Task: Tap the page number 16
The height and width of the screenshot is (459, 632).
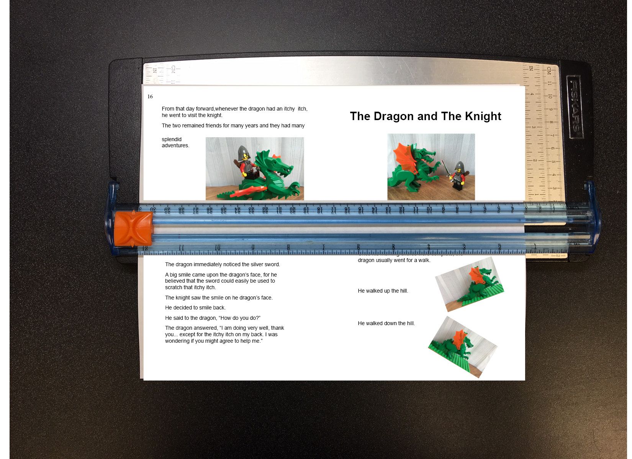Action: [150, 96]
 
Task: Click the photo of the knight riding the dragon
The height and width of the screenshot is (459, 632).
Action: [255, 168]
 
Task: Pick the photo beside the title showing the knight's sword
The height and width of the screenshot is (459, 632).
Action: [431, 167]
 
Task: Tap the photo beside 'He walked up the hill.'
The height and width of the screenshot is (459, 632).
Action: [470, 285]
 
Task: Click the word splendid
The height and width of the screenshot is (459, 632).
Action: [172, 139]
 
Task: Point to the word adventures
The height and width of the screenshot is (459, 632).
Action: [175, 146]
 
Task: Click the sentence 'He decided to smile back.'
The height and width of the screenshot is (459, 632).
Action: [195, 308]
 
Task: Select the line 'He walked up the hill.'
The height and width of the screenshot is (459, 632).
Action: [383, 291]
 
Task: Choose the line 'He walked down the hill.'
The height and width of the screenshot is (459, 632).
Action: [386, 323]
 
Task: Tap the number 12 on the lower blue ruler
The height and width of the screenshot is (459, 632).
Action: [145, 248]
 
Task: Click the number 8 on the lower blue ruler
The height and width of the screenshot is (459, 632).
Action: [288, 247]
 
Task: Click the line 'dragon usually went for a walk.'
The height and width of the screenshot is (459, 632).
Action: [394, 260]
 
